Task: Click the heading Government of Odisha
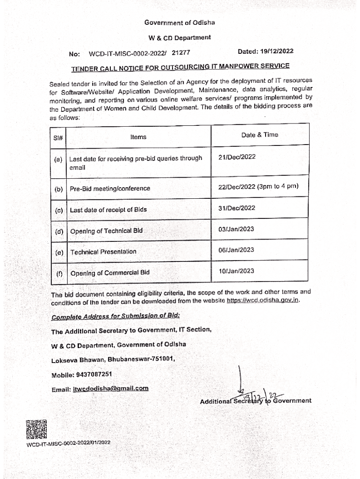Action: pos(180,22)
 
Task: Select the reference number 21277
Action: pos(180,54)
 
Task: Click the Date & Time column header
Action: pos(259,135)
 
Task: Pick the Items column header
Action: pos(138,137)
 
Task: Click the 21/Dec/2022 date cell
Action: pos(237,157)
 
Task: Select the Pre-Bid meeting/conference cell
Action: pos(110,189)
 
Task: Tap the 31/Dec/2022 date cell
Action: pos(237,208)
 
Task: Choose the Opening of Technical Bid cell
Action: pos(107,231)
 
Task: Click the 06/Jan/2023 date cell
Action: pos(236,250)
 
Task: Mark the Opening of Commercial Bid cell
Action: pos(110,273)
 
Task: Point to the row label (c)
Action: pos(58,210)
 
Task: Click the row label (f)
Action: pos(59,273)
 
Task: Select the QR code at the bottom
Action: pos(36,429)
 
